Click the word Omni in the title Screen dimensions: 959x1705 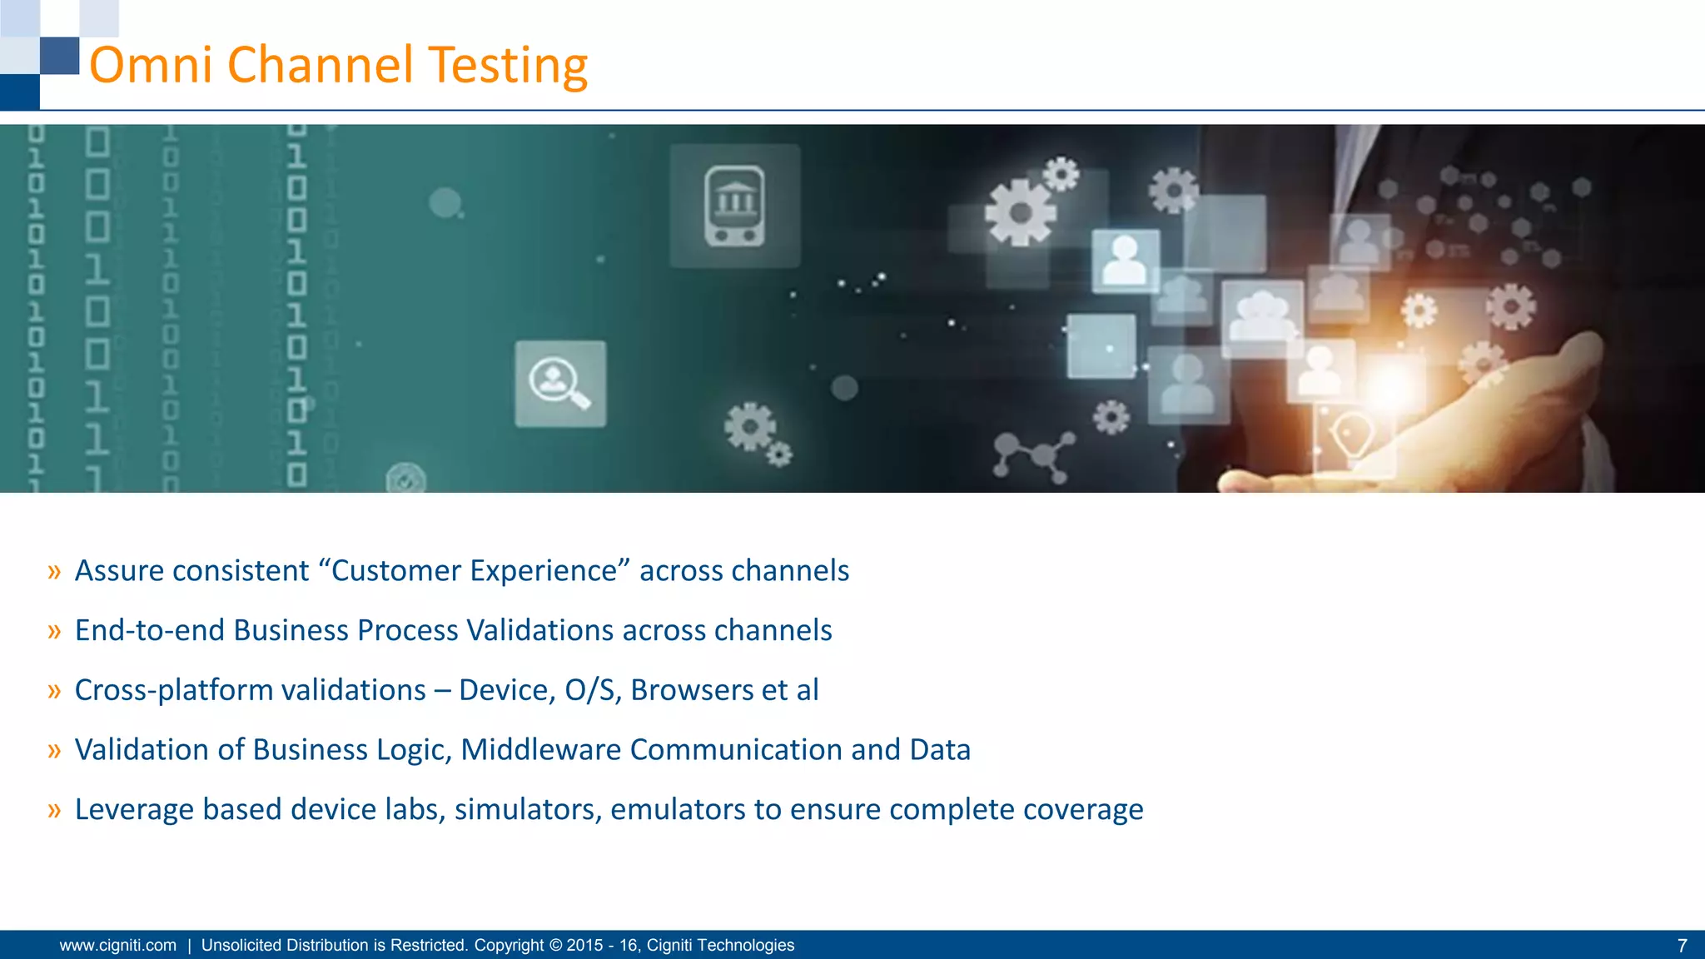tap(151, 66)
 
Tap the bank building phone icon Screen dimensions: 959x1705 tap(734, 206)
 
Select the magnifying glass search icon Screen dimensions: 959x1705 tap(560, 384)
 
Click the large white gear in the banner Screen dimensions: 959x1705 tap(1021, 213)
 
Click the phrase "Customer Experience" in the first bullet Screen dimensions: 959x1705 tap(474, 571)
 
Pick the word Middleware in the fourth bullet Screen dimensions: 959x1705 tap(540, 750)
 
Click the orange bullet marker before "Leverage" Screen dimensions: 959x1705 tap(54, 810)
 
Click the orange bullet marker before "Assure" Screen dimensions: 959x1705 tap(54, 572)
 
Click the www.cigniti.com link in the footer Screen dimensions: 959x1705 tap(118, 946)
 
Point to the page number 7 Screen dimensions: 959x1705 tap(1682, 946)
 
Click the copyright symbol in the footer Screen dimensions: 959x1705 tap(554, 946)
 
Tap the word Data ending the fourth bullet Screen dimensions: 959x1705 tap(939, 750)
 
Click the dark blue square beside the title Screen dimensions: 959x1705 tap(60, 55)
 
